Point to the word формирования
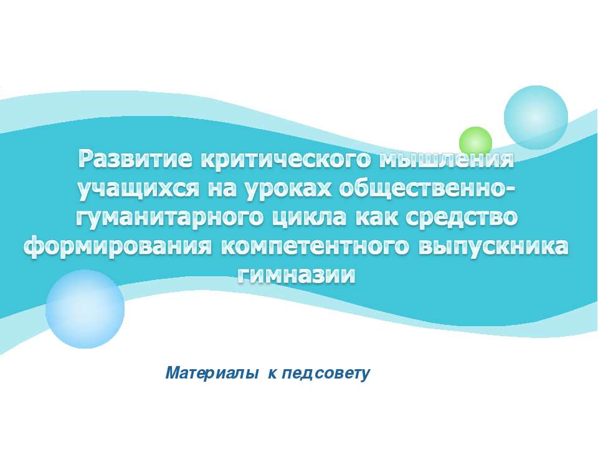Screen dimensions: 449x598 click(x=118, y=247)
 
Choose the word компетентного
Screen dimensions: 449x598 click(x=313, y=247)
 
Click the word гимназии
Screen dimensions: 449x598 click(x=298, y=274)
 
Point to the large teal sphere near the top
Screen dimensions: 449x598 click(x=536, y=117)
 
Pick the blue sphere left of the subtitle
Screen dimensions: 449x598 click(x=85, y=309)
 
